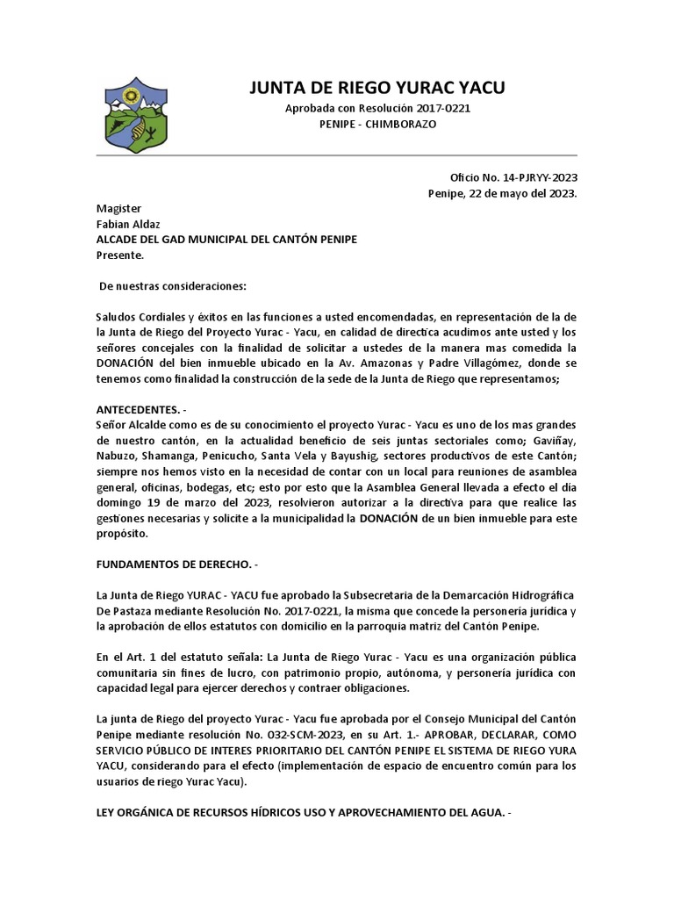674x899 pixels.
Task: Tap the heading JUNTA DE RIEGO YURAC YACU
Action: (377, 87)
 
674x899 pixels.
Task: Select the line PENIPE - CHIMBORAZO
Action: (377, 125)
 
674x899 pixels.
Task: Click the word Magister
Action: (118, 208)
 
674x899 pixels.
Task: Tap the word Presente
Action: (119, 255)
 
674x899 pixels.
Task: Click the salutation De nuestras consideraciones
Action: (173, 287)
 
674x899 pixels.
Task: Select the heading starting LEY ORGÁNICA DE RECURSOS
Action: (303, 812)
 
